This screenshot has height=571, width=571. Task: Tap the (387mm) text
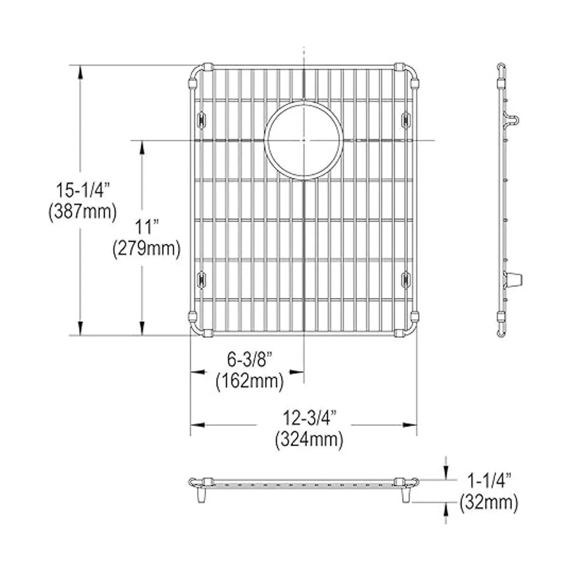(82, 212)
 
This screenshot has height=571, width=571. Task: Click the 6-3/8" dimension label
(250, 359)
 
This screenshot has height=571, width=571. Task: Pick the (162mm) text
(250, 381)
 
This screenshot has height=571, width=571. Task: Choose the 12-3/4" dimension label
(309, 417)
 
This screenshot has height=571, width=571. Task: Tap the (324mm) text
(309, 440)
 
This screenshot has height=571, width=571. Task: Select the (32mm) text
(489, 502)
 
